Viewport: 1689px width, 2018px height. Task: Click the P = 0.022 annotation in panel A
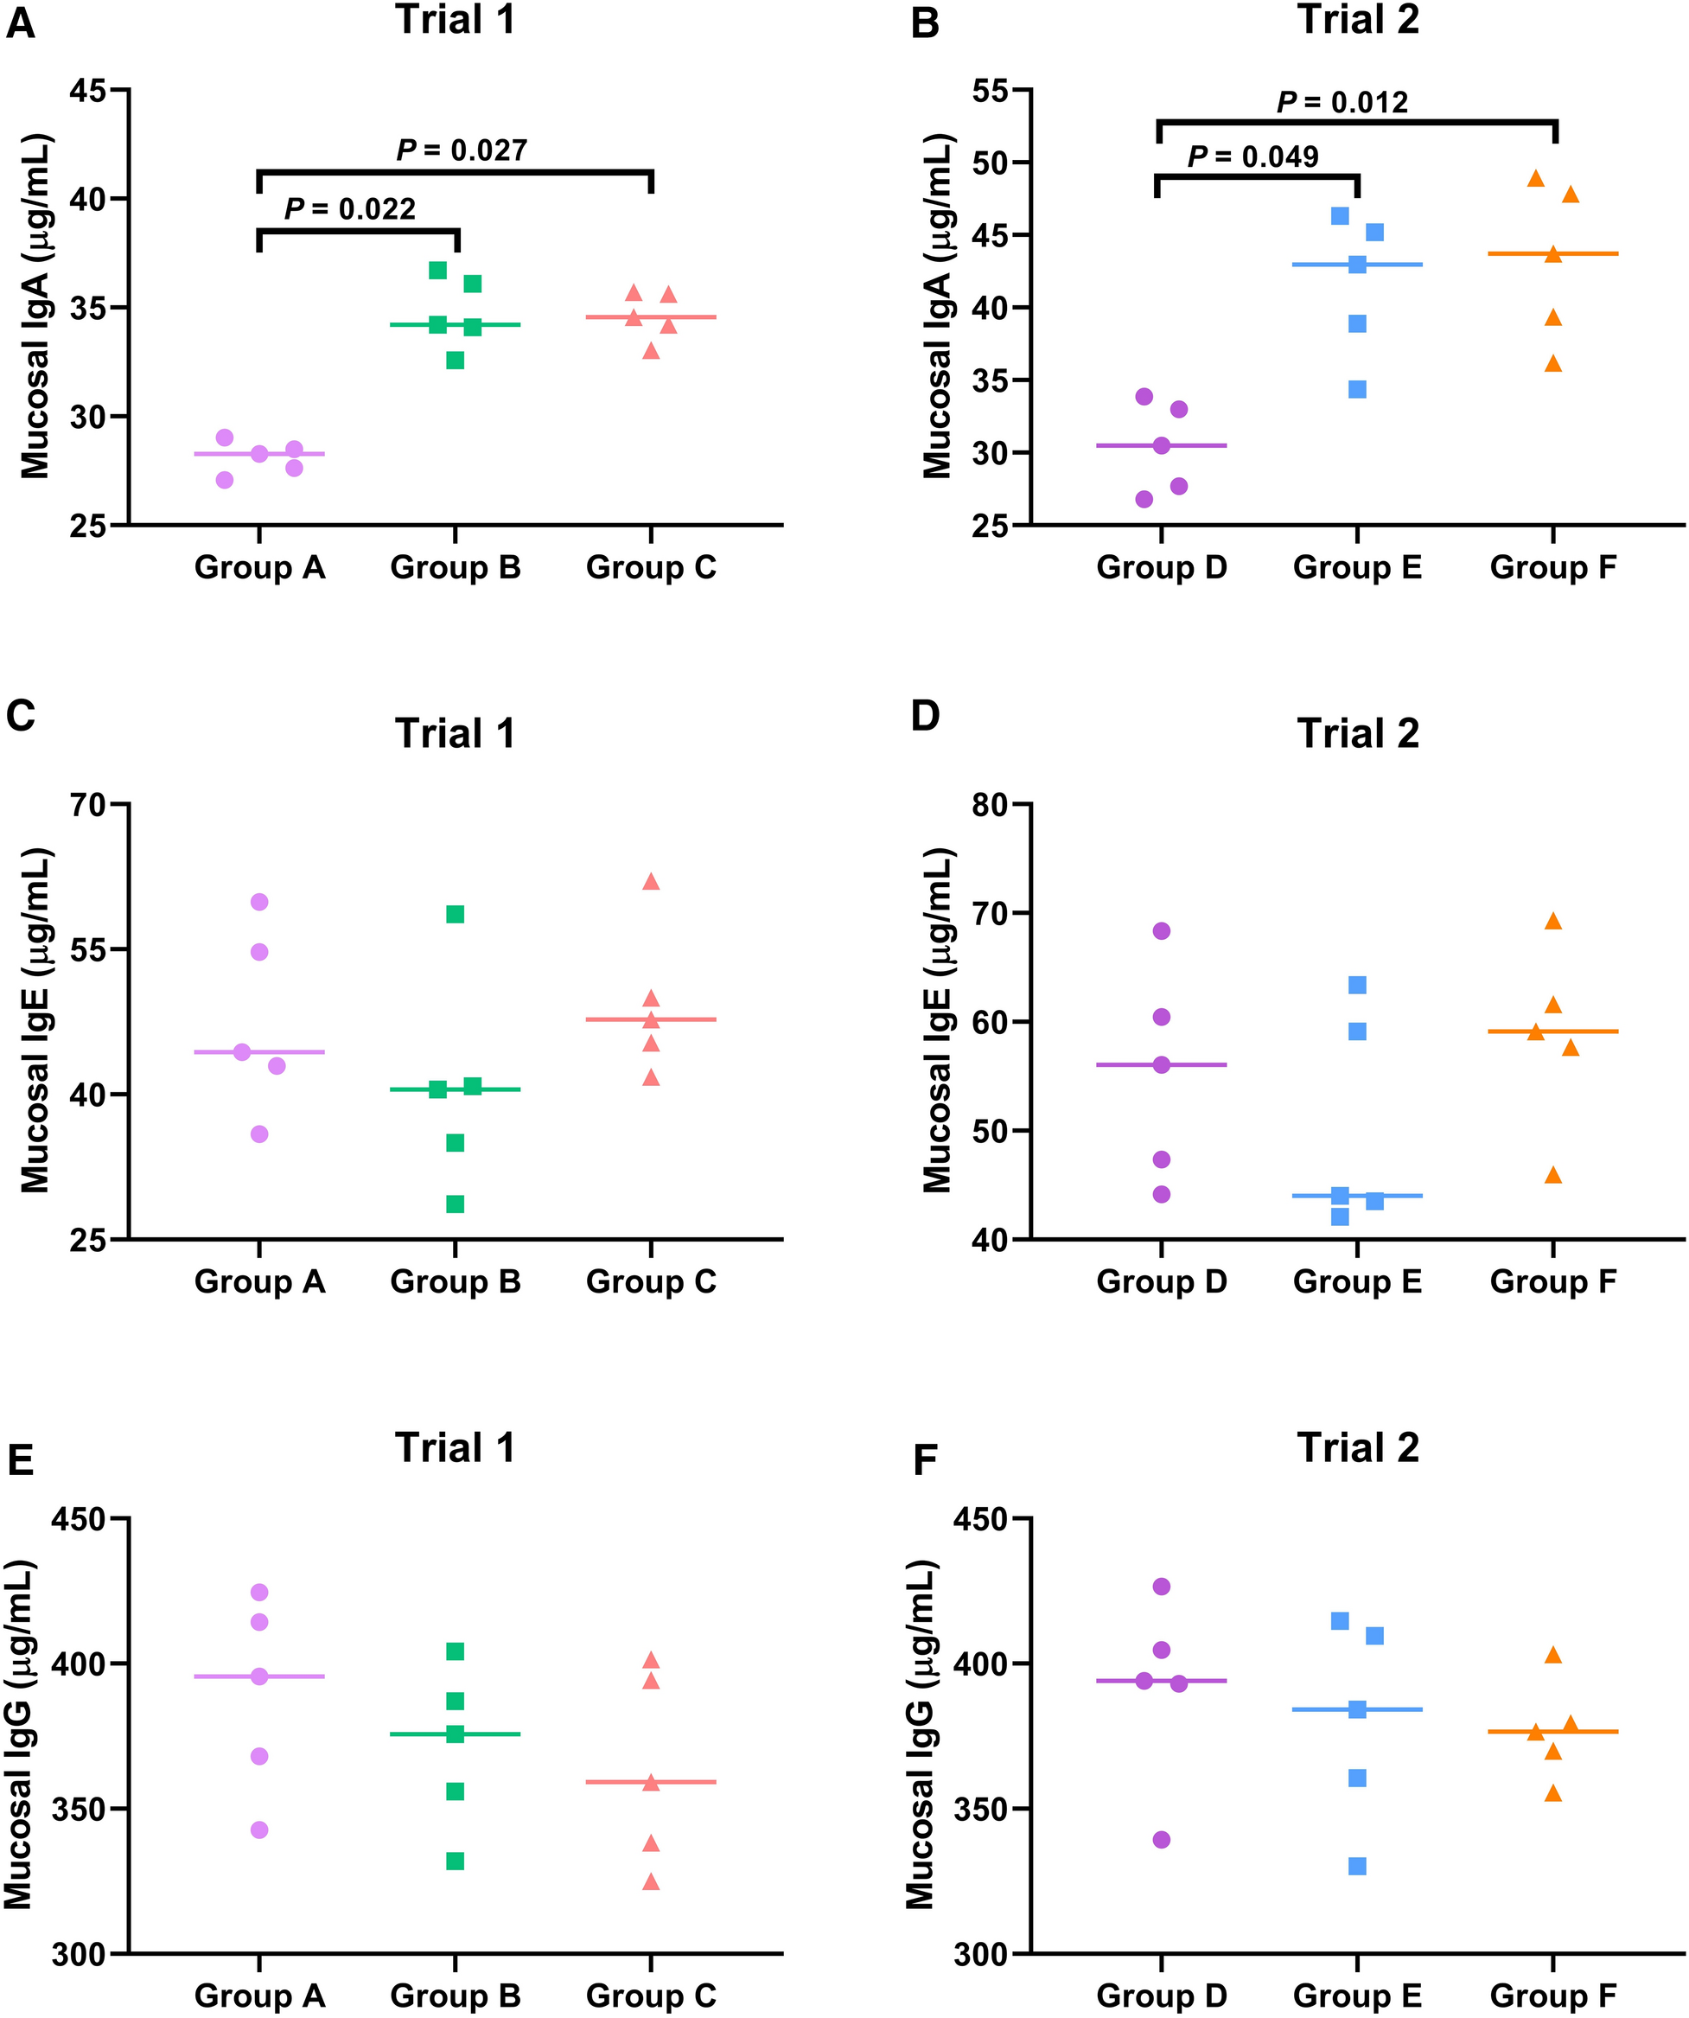(350, 209)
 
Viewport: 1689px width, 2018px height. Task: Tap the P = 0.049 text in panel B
(1252, 156)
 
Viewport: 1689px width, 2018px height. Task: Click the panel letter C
(20, 716)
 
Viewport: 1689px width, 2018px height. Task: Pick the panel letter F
(924, 1460)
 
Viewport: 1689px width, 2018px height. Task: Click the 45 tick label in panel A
(87, 90)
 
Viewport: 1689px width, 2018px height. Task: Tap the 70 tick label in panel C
(87, 804)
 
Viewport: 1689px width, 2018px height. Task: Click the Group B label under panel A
(455, 568)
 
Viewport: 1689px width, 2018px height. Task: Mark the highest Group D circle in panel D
(1161, 930)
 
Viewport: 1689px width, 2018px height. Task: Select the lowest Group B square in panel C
(455, 1204)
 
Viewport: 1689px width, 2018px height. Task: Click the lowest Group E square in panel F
(1356, 1866)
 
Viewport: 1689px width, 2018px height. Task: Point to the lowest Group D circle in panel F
(1161, 1839)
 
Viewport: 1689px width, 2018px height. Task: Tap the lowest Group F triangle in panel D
(1552, 1174)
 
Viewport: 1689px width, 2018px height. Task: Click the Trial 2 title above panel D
(1358, 734)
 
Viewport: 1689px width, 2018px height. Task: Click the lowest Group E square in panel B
(1356, 389)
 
